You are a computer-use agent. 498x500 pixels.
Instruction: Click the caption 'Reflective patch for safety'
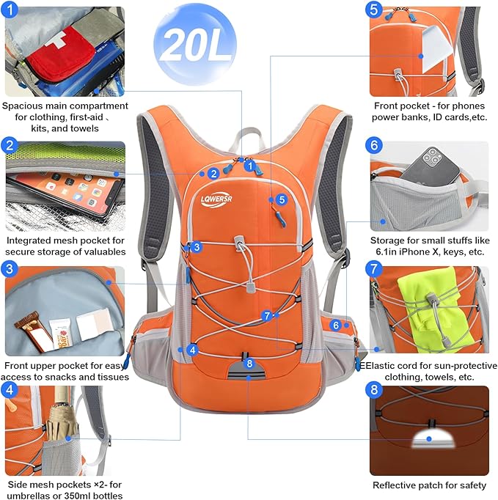coord(429,485)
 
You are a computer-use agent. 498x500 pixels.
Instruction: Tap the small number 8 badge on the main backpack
coord(249,363)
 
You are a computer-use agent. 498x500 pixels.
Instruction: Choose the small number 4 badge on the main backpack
coord(192,350)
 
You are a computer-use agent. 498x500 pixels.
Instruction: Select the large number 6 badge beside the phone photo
coord(374,145)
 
